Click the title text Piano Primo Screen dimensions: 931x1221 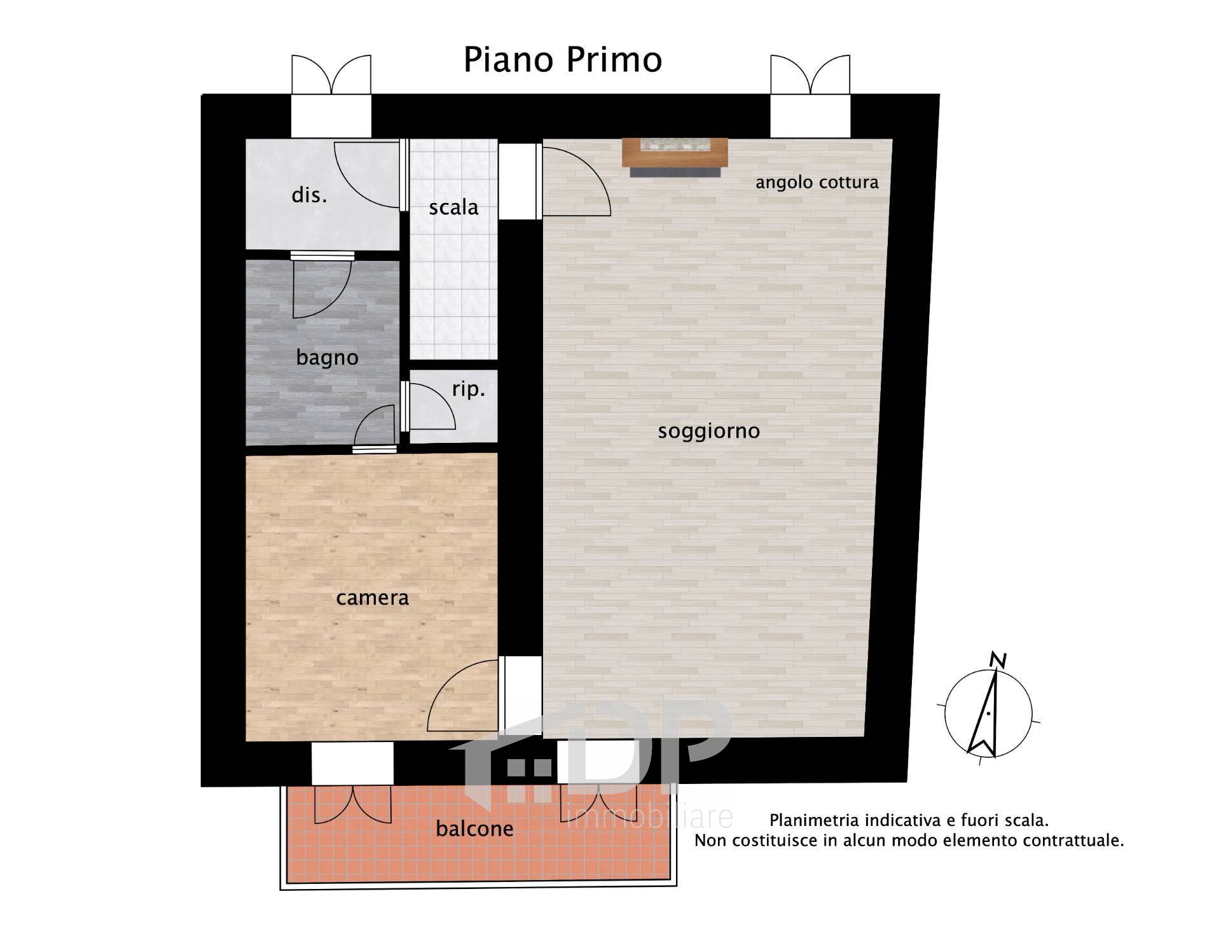click(563, 60)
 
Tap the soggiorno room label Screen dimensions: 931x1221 click(708, 431)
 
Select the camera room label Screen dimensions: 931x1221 click(372, 598)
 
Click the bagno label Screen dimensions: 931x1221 click(327, 358)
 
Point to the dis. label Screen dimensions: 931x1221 click(309, 195)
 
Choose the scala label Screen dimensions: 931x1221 click(453, 207)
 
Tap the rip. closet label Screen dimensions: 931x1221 click(469, 389)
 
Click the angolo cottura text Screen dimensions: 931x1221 click(817, 183)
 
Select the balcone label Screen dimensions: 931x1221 click(474, 829)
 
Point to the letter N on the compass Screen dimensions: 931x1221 click(999, 661)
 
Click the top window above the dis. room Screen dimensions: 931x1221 click(331, 95)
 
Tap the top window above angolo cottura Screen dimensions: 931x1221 click(810, 95)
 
